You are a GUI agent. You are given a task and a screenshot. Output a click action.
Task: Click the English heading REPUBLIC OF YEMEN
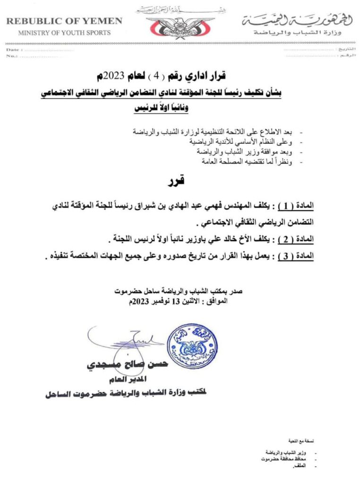click(64, 21)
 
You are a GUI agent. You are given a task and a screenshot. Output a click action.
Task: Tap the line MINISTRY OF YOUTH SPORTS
click(64, 33)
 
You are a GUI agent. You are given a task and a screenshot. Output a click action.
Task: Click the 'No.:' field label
click(11, 56)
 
